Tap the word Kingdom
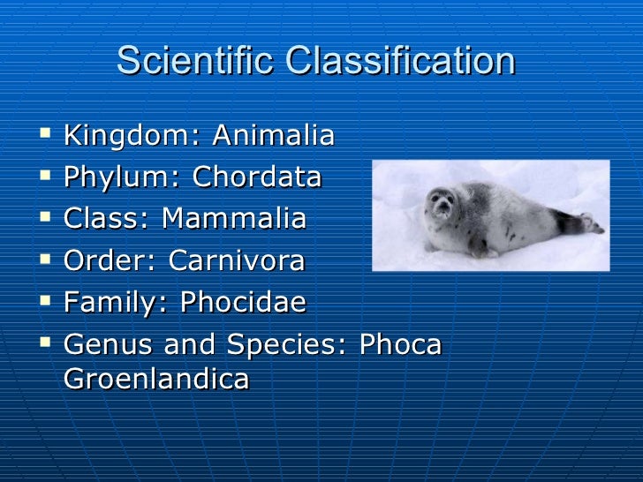[125, 138]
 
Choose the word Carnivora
[236, 261]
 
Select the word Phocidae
[243, 303]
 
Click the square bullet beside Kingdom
[45, 137]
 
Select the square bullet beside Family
[45, 302]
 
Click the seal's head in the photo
[441, 207]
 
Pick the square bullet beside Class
[45, 219]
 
